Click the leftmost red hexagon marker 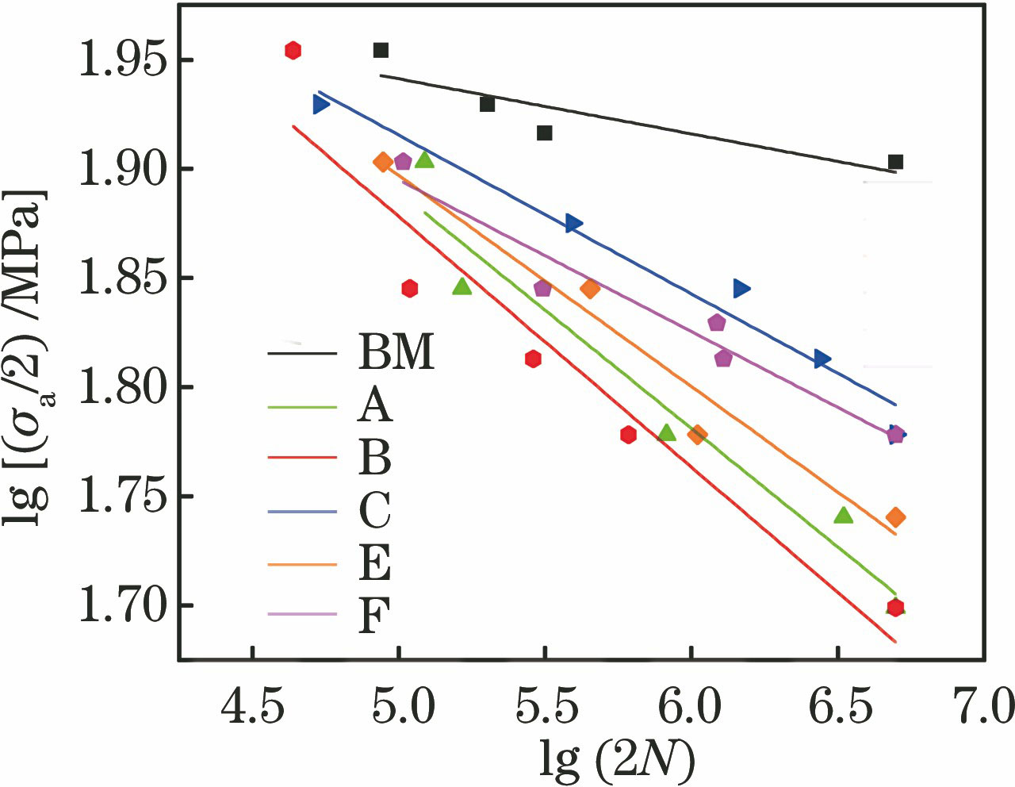click(x=293, y=50)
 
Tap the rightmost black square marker click(x=895, y=162)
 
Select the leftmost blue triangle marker click(x=320, y=104)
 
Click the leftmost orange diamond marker click(x=382, y=162)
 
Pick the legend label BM click(x=396, y=351)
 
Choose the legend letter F click(x=374, y=613)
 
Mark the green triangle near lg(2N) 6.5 click(x=843, y=516)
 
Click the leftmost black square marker click(x=381, y=50)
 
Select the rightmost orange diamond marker click(x=895, y=517)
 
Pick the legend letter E click(x=374, y=562)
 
